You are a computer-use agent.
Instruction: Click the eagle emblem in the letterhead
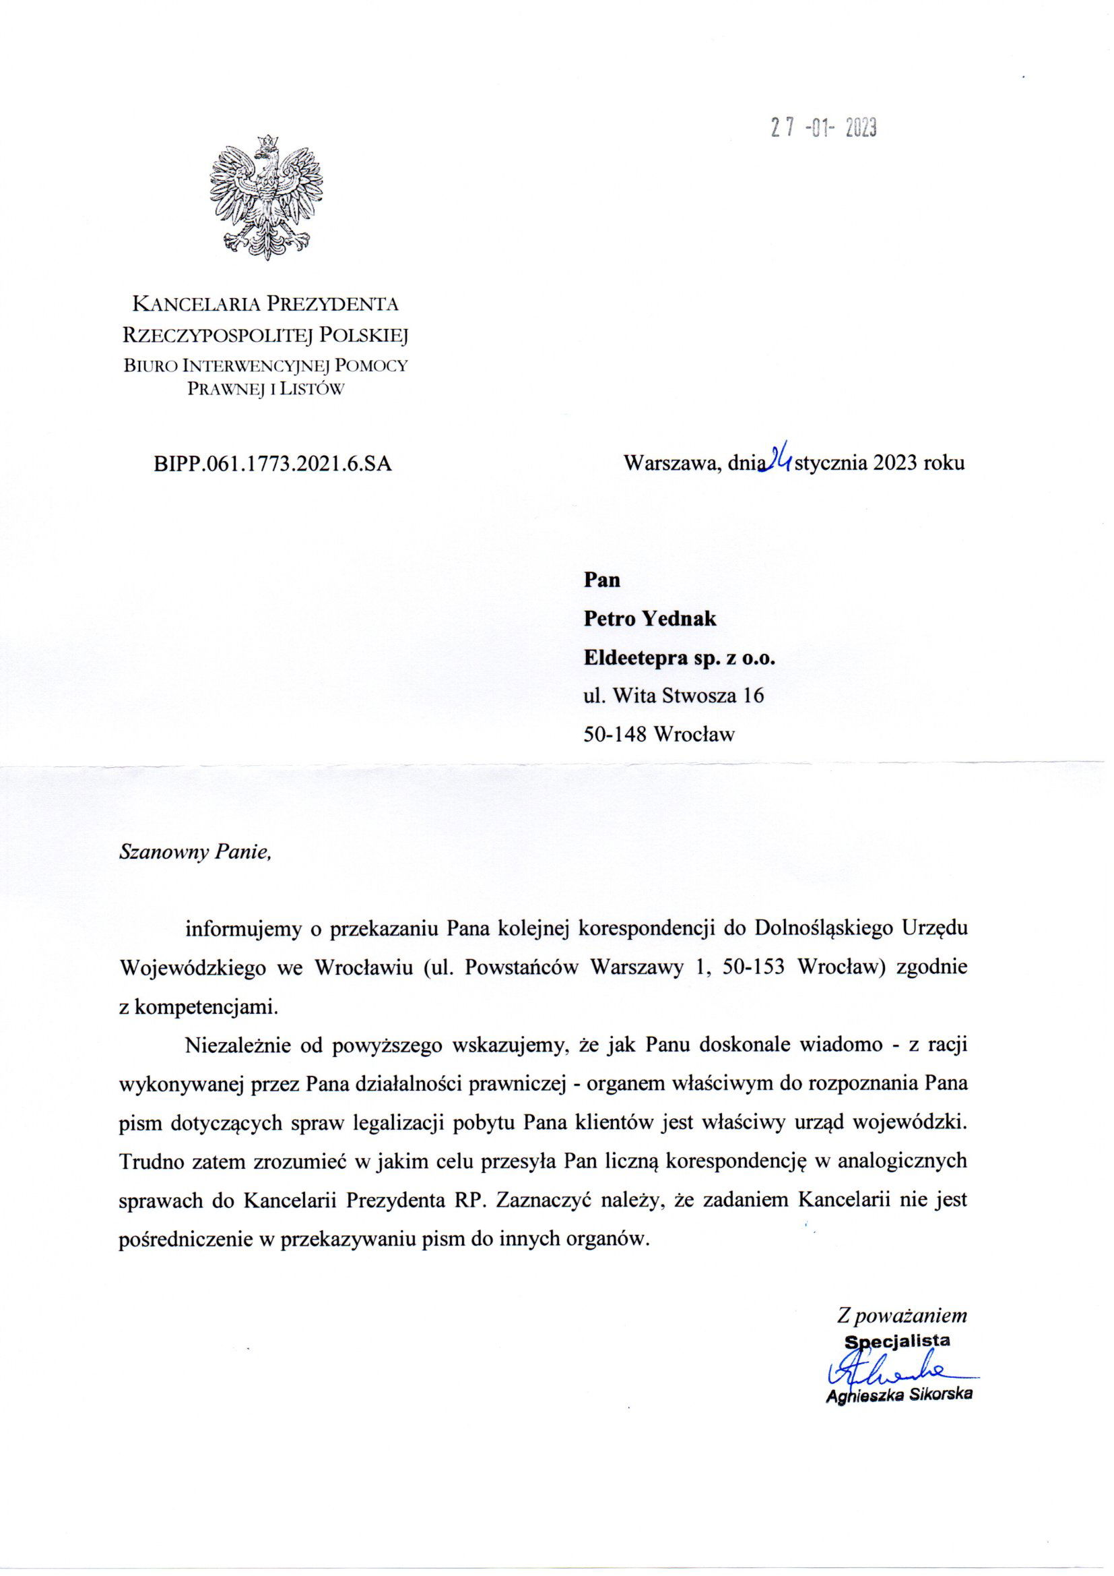266,198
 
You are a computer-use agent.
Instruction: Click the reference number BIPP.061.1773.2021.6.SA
273,464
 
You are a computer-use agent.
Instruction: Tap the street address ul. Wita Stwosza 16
673,696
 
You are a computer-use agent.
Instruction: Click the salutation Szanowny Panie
195,852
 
